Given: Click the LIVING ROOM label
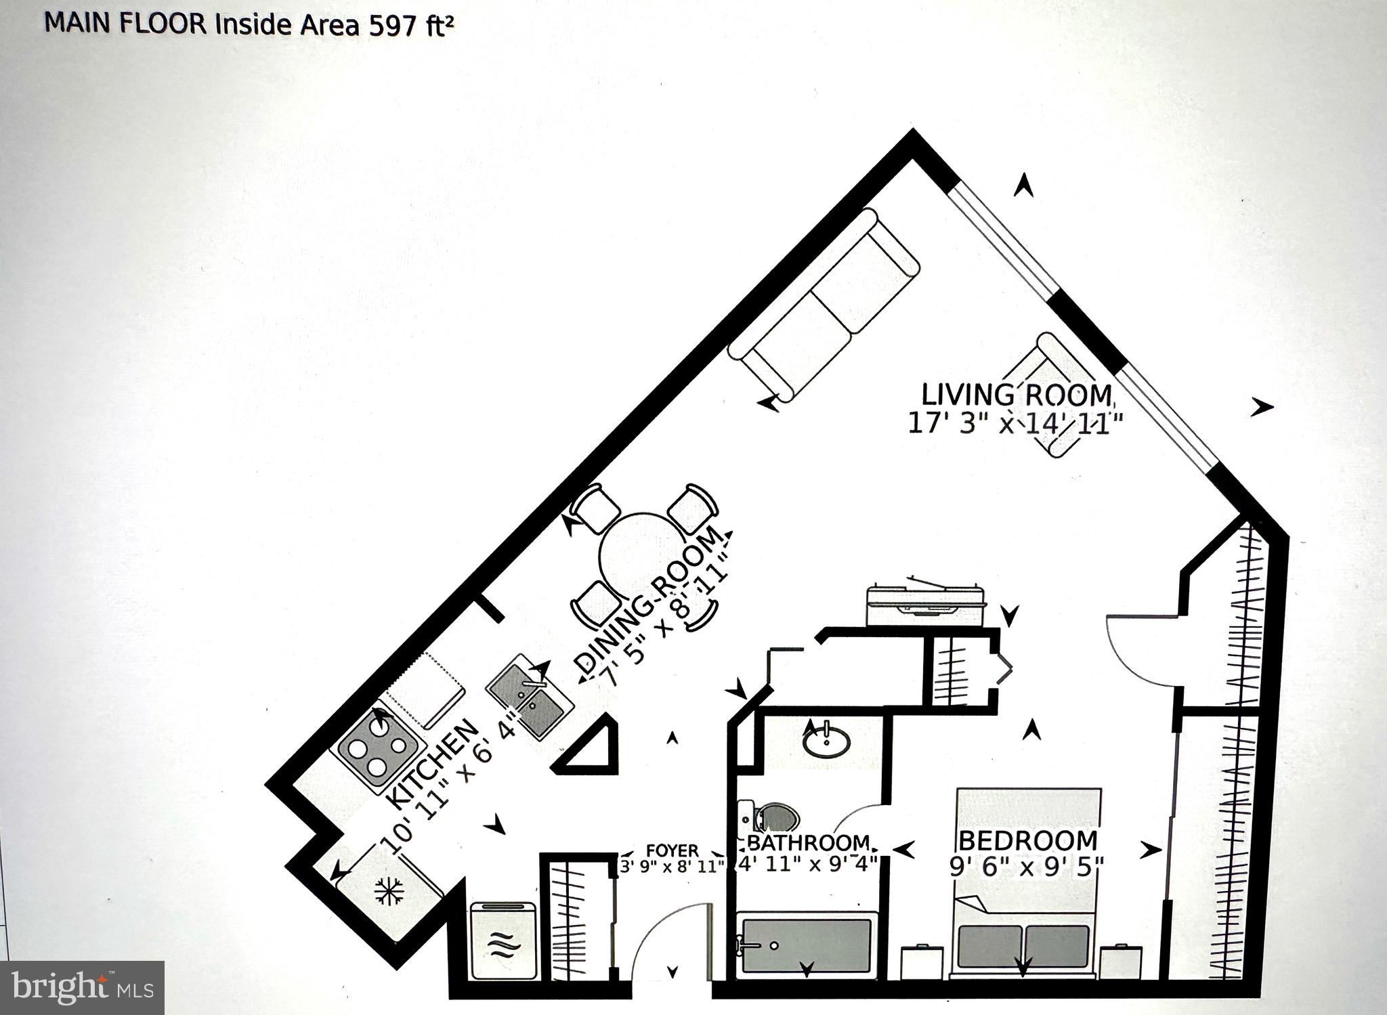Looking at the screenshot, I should coord(1017,394).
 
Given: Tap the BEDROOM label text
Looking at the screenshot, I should coord(1028,840).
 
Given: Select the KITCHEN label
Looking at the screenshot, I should coord(432,764).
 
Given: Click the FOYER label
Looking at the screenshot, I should coord(672,850).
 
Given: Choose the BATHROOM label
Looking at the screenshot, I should coord(808,843).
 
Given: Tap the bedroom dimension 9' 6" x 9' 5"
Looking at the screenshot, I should coord(1027,867).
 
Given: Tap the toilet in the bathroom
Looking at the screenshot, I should coord(771,817).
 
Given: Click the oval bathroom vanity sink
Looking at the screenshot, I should coord(826,741).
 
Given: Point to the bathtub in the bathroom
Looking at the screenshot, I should coord(806,945).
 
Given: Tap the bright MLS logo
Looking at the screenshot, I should coord(81,987).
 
